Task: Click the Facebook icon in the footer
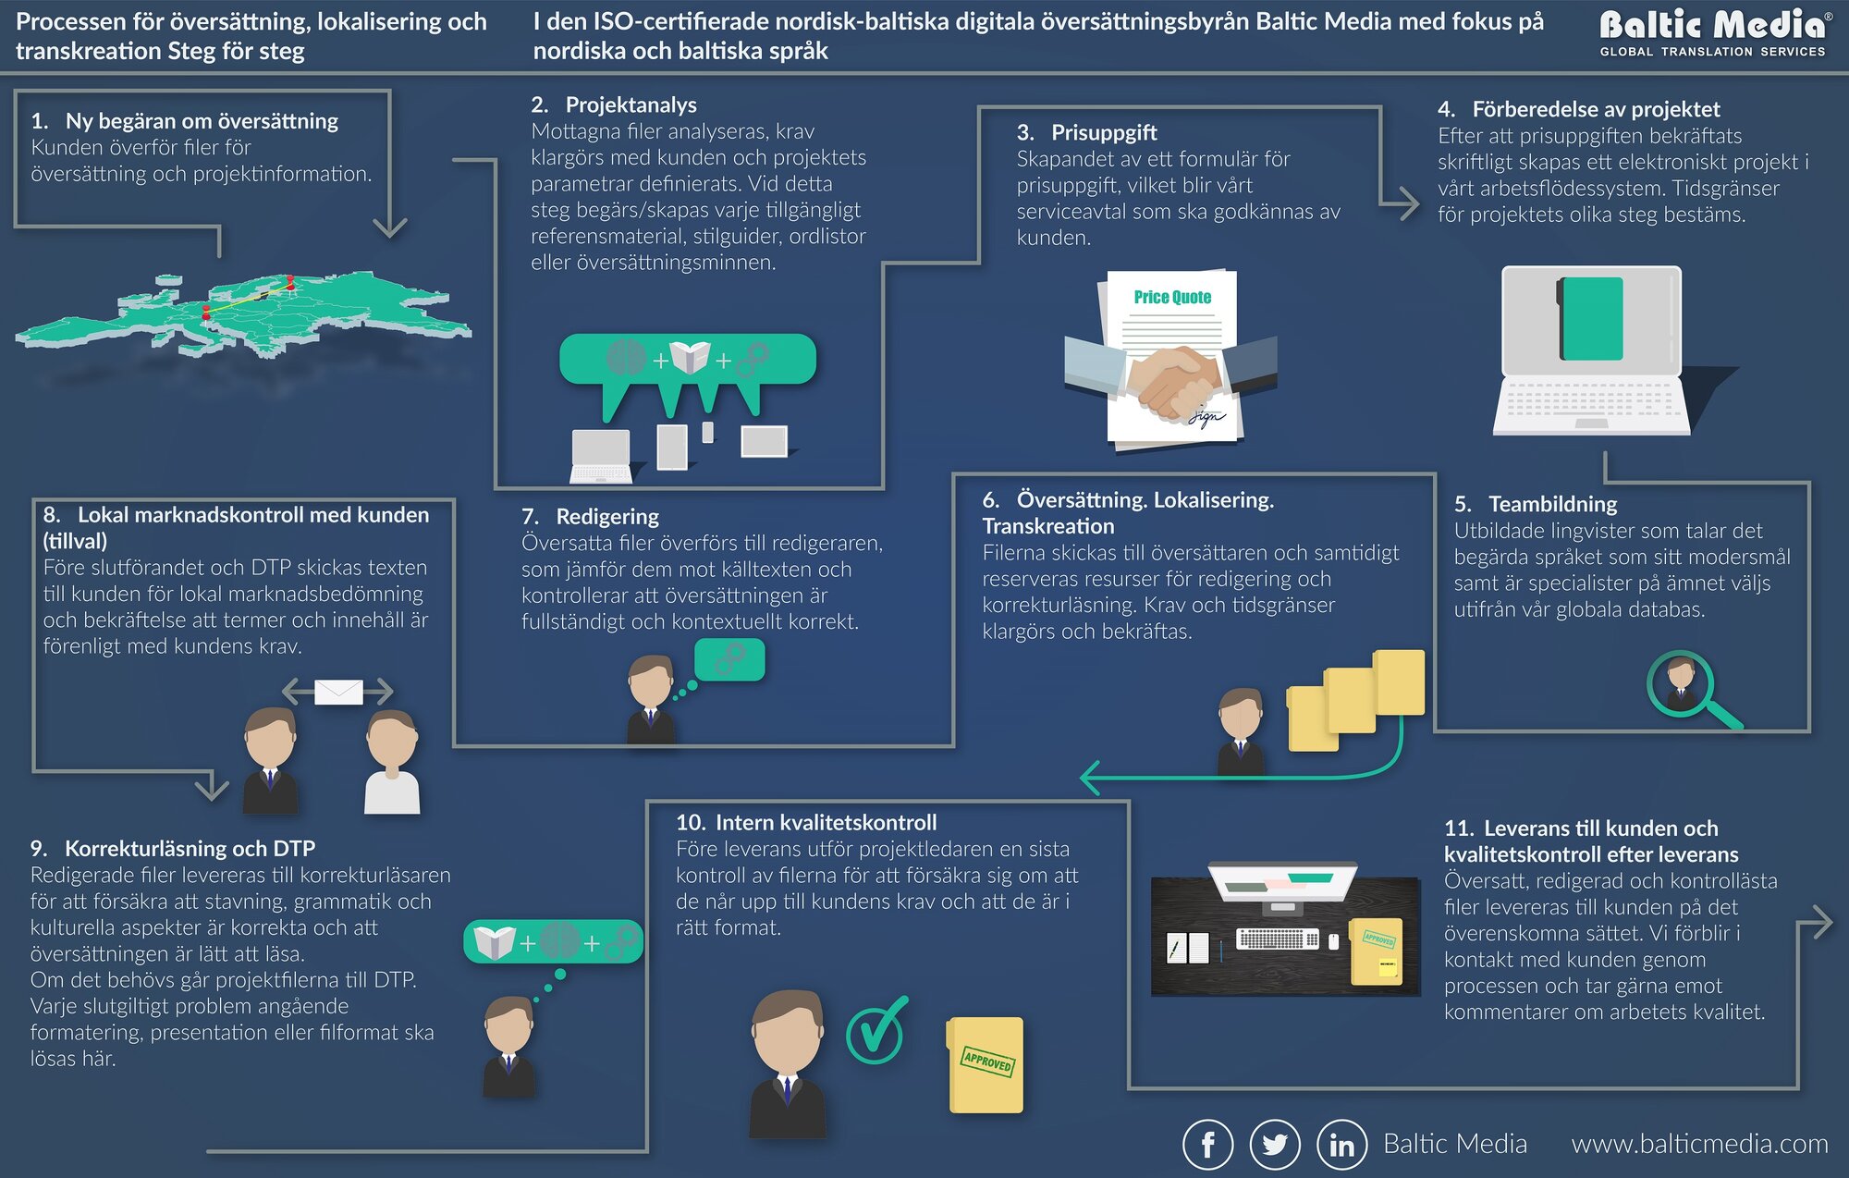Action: [x=1207, y=1145]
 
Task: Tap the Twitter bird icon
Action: [x=1275, y=1145]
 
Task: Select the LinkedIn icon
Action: [x=1341, y=1145]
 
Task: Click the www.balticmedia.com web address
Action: [x=1699, y=1145]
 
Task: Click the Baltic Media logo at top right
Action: [x=1713, y=33]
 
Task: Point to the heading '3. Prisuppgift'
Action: [x=1087, y=132]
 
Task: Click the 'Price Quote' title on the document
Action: [x=1172, y=297]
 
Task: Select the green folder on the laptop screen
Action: [x=1591, y=318]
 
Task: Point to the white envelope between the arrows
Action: [x=338, y=692]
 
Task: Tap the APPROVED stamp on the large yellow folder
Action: [x=987, y=1061]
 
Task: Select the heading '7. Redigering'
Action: [x=591, y=516]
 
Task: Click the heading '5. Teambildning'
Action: [x=1536, y=504]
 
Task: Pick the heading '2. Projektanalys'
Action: [x=614, y=104]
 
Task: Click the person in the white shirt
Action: [x=392, y=763]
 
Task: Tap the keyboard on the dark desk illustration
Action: [x=1278, y=939]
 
